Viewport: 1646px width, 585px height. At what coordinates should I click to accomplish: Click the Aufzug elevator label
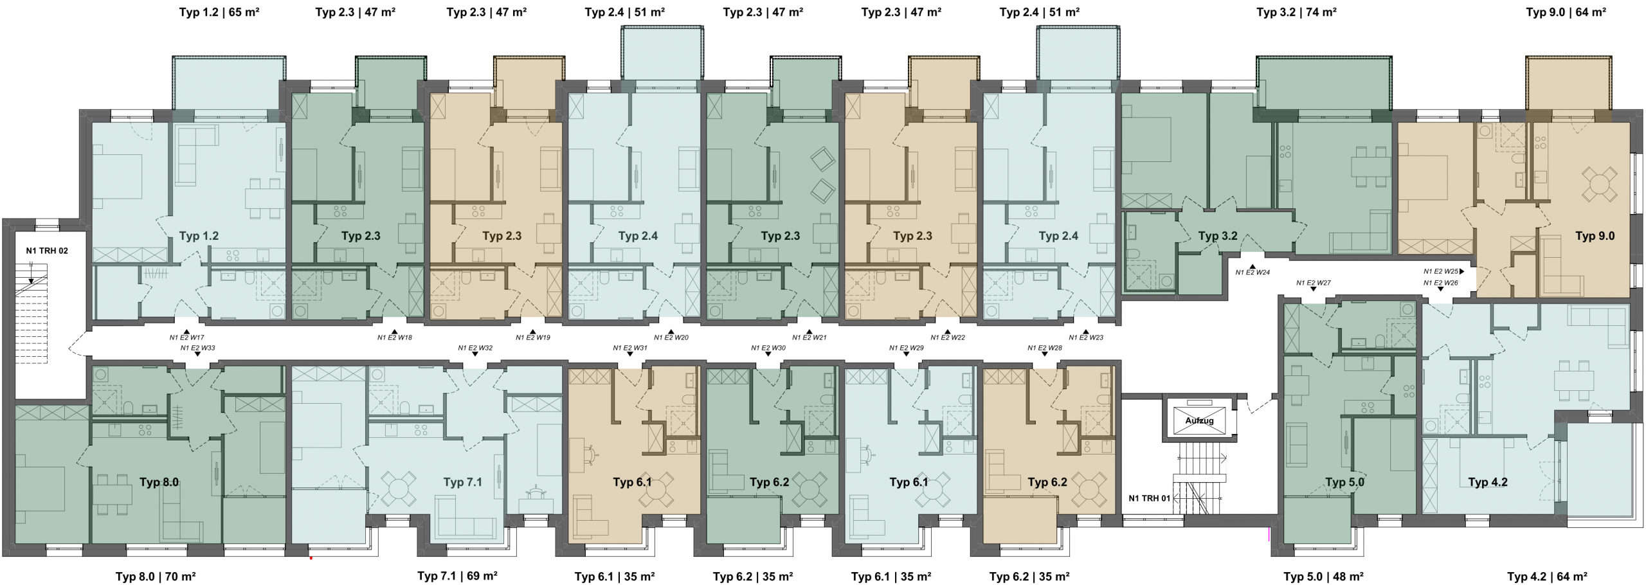tap(1199, 420)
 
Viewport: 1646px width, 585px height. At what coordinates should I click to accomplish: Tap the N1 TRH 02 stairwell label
tap(47, 251)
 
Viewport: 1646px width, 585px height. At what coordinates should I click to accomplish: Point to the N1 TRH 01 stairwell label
tap(1150, 498)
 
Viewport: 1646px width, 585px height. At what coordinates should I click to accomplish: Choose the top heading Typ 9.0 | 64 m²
tap(1566, 12)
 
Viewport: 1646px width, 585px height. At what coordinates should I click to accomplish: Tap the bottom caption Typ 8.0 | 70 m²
tap(156, 576)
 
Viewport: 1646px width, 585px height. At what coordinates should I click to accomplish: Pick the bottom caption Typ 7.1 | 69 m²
tap(457, 576)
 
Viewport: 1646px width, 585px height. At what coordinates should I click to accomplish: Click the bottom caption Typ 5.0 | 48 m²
tap(1324, 576)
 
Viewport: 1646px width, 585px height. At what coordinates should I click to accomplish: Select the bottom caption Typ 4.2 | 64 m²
tap(1548, 576)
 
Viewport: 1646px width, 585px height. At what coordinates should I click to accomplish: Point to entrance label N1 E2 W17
tap(186, 337)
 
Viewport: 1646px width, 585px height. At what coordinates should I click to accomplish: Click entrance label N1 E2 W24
tap(1253, 272)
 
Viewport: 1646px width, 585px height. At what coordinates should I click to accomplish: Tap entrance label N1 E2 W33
tap(197, 348)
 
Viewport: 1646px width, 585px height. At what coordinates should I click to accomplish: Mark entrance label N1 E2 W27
tap(1314, 283)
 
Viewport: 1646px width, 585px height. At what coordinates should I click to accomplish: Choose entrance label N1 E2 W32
tap(475, 348)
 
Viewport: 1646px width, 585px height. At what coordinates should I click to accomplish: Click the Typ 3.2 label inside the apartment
tap(1218, 236)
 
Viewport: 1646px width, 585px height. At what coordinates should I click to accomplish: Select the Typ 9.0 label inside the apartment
tap(1595, 236)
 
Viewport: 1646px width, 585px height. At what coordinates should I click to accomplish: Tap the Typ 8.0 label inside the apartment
tap(159, 482)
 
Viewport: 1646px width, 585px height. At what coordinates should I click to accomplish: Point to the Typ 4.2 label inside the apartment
tap(1488, 482)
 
